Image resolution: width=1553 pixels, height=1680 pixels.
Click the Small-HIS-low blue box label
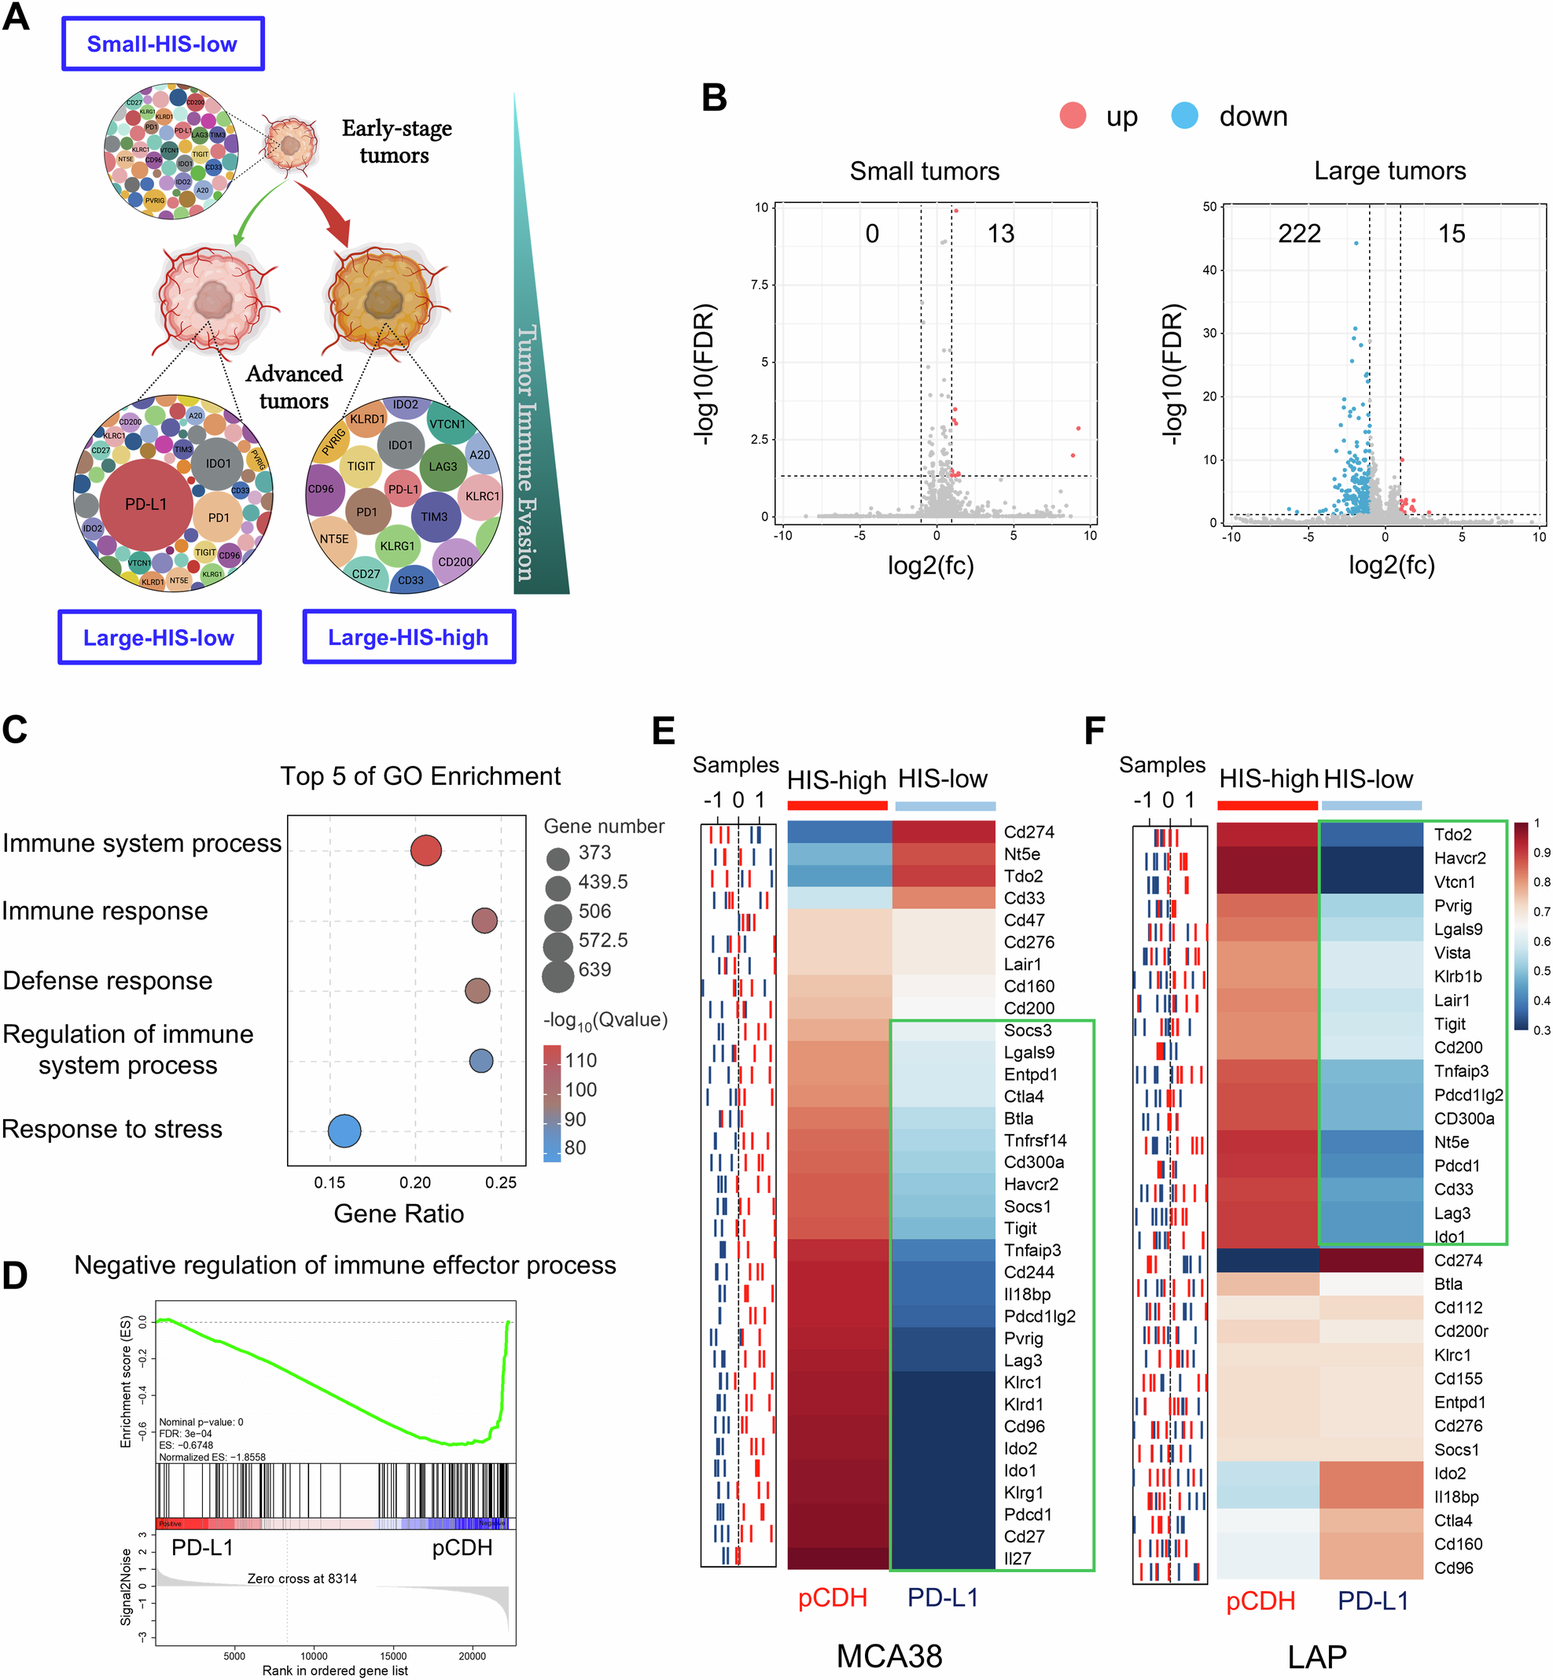point(162,44)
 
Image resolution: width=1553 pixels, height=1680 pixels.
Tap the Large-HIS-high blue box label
point(408,637)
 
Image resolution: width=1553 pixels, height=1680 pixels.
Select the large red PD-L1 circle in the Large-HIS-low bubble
point(146,504)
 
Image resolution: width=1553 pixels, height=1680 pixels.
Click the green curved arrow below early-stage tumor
point(252,210)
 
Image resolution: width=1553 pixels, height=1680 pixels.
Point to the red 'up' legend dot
point(1073,116)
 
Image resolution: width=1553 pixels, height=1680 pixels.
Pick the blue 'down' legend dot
point(1184,116)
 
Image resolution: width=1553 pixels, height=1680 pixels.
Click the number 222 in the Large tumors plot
point(1299,234)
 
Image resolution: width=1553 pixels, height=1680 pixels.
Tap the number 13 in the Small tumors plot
point(1000,234)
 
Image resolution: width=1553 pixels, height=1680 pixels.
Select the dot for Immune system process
point(426,849)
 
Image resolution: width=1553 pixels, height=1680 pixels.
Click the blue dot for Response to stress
point(344,1130)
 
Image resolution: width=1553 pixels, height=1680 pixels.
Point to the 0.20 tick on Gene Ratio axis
point(415,1182)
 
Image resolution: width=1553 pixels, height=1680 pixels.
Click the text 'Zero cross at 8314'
point(302,1579)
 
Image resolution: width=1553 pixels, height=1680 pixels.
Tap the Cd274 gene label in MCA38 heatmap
point(1029,832)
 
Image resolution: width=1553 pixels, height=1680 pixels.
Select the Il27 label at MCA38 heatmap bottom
point(1017,1558)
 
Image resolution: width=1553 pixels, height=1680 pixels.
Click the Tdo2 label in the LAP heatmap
point(1452,834)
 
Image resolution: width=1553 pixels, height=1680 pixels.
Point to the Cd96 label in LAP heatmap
point(1453,1568)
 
